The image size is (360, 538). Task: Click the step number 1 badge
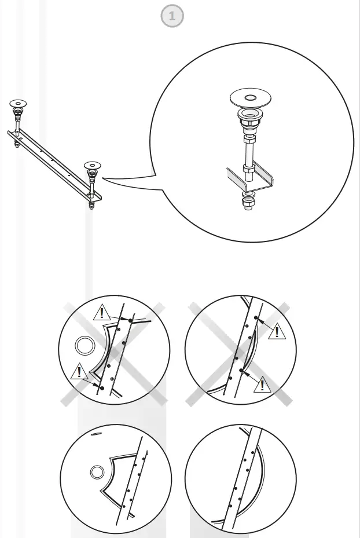point(172,17)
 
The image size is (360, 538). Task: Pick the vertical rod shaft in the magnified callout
point(249,154)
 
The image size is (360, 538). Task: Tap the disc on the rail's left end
point(18,103)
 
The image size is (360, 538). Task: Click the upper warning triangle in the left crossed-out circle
point(102,313)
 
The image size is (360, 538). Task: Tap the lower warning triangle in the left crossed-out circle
point(79,371)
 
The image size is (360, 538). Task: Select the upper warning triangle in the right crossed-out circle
point(277,331)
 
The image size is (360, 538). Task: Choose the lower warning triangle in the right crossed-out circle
point(263,383)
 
